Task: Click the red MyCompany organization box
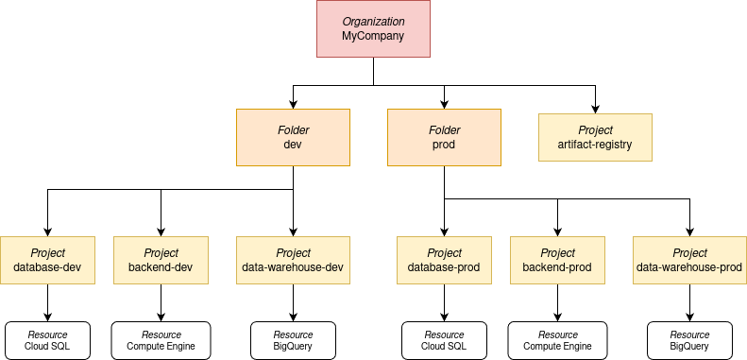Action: pyautogui.click(x=373, y=28)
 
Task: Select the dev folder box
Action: pyautogui.click(x=293, y=137)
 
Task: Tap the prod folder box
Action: pyautogui.click(x=444, y=137)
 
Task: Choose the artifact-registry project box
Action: pyautogui.click(x=595, y=137)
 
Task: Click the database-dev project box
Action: pyautogui.click(x=47, y=260)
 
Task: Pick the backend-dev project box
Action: pyautogui.click(x=161, y=260)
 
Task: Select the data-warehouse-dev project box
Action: pyautogui.click(x=293, y=260)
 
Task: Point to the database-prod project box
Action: pyautogui.click(x=444, y=260)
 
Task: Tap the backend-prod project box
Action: pyautogui.click(x=557, y=260)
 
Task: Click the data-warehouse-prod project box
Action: pyautogui.click(x=689, y=260)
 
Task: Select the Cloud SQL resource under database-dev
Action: pyautogui.click(x=47, y=340)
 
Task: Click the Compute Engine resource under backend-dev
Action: pyautogui.click(x=161, y=340)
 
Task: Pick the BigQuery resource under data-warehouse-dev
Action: pyautogui.click(x=293, y=340)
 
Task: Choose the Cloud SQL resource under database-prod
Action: pyautogui.click(x=444, y=340)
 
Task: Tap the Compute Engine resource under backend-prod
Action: pyautogui.click(x=557, y=340)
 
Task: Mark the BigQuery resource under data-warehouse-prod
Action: pyautogui.click(x=689, y=340)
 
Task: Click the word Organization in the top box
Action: pyautogui.click(x=373, y=21)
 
